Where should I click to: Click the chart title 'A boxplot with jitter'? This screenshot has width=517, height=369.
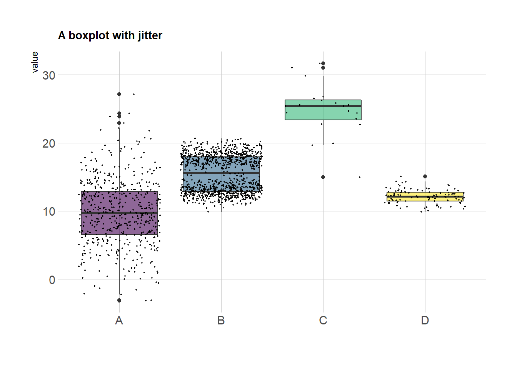point(110,36)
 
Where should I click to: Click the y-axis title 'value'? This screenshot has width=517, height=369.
point(35,62)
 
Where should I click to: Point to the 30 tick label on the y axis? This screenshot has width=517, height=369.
point(49,75)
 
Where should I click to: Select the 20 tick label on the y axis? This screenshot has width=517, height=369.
point(49,143)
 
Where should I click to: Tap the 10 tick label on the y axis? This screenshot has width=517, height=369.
point(49,211)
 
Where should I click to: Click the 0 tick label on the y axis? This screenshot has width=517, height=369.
point(52,280)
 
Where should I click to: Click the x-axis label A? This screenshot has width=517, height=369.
point(119,321)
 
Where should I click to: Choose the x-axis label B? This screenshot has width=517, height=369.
point(221,321)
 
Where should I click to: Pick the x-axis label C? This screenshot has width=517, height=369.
point(323,321)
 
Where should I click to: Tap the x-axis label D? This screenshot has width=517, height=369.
point(425,321)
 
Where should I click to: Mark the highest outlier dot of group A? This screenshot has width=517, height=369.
point(119,94)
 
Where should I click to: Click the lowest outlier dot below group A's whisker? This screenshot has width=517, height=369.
point(119,301)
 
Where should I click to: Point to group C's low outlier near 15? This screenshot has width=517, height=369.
point(323,177)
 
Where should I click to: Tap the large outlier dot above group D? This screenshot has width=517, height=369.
point(425,176)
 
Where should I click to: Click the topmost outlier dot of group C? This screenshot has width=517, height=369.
point(323,63)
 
